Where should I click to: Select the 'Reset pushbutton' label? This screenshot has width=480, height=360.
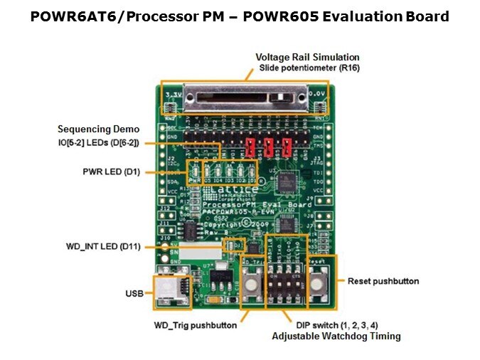(x=383, y=281)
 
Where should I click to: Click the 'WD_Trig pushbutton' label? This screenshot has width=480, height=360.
(x=195, y=325)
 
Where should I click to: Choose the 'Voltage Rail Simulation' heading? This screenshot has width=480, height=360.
(x=307, y=57)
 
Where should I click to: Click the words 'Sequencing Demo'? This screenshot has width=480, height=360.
(x=98, y=129)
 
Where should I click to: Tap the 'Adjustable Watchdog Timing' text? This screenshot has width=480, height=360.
(x=337, y=336)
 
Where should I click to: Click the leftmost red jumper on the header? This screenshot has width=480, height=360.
(x=250, y=147)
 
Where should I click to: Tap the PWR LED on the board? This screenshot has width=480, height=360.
(x=193, y=171)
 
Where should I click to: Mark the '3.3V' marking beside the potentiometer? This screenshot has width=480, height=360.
(x=173, y=93)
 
